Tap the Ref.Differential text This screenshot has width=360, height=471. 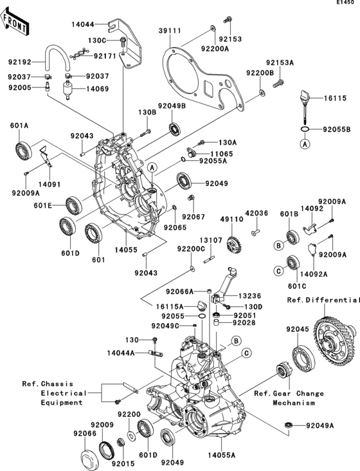coord(323,300)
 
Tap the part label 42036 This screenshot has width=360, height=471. coord(255,212)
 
